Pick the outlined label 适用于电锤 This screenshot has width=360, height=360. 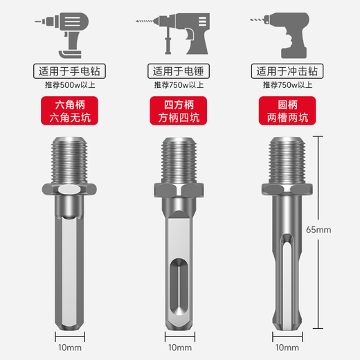[179, 71]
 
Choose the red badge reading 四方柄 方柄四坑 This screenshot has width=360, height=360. [179, 111]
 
